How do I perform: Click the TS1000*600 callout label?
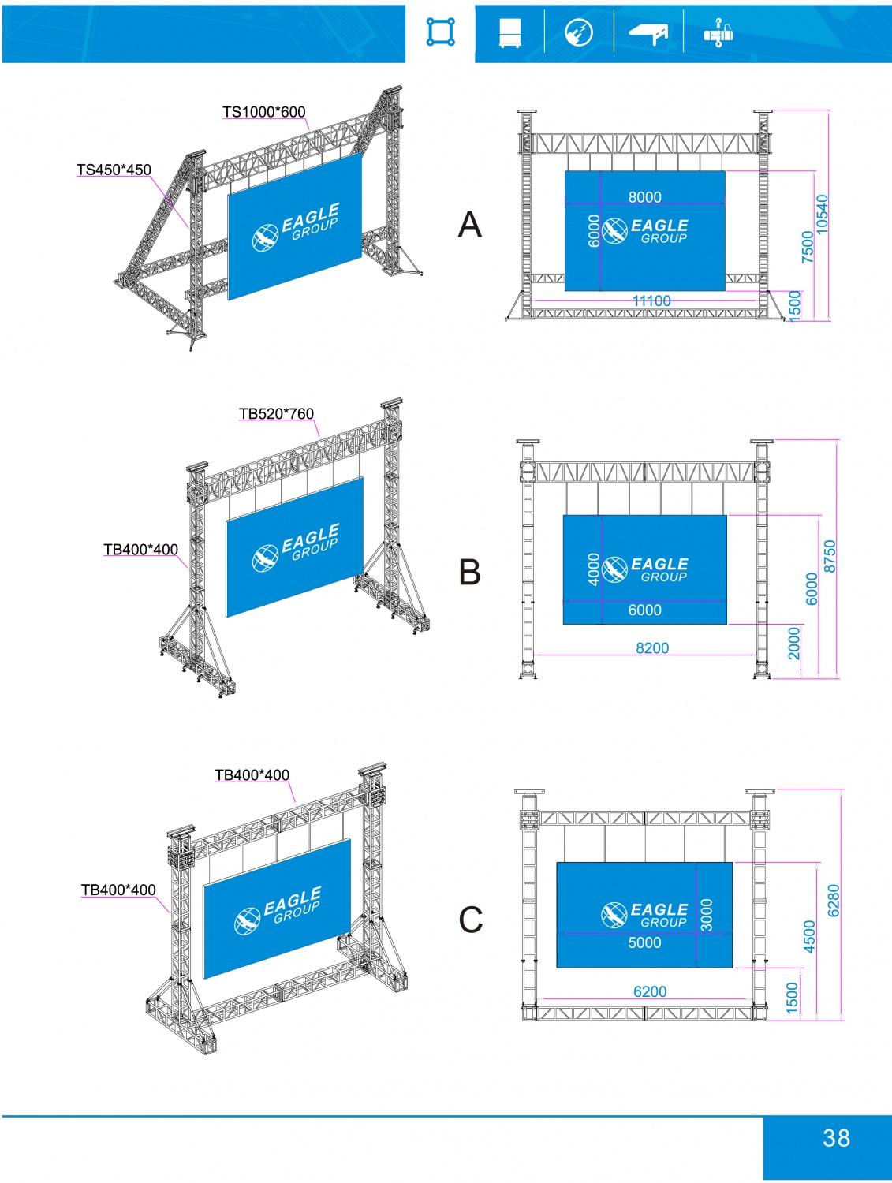263,112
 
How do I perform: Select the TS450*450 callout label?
114,170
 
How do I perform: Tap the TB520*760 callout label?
276,414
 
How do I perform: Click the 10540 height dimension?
823,214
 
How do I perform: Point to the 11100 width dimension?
651,300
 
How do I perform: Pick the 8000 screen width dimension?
644,197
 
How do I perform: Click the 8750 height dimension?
830,556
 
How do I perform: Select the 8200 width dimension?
652,647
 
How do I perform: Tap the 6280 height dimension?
834,900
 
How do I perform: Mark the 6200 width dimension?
650,991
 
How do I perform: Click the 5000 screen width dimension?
644,942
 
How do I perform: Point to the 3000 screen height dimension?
707,915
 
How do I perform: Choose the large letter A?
470,225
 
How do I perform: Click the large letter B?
470,572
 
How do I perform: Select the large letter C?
471,920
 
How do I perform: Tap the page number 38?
836,1138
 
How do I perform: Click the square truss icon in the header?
441,32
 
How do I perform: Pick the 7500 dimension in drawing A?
807,247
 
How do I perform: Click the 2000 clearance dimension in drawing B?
794,643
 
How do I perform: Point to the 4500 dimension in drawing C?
809,936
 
